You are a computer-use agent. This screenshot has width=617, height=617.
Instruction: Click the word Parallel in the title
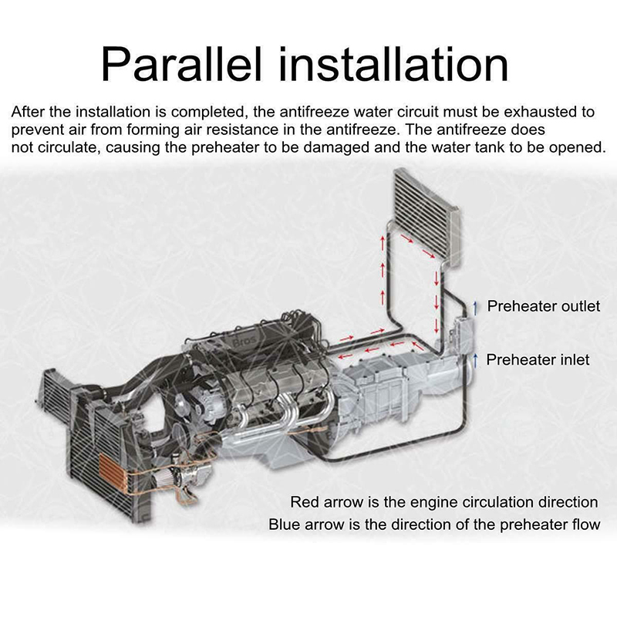click(x=181, y=64)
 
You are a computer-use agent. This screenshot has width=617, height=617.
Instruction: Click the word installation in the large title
click(x=394, y=64)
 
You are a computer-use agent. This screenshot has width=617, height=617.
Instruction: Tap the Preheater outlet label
click(x=544, y=306)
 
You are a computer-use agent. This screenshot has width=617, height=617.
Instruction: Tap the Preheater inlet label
click(x=538, y=359)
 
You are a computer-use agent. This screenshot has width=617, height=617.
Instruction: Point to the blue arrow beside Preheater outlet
click(x=475, y=308)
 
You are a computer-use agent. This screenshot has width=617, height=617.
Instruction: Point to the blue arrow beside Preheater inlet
click(x=475, y=360)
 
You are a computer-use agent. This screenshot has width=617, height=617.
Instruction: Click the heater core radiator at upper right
click(x=427, y=217)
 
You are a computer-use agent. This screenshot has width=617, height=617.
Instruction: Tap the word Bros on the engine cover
click(x=244, y=342)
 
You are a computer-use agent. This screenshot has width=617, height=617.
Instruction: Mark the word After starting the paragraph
click(x=28, y=112)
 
